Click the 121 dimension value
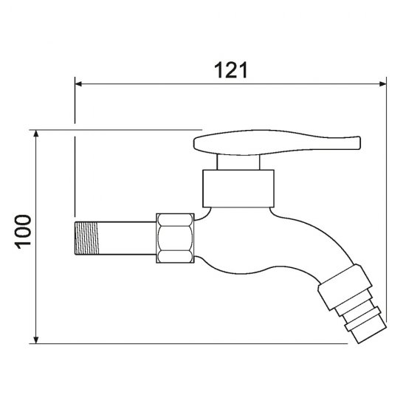click(231, 70)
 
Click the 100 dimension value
click(23, 232)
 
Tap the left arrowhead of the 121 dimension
click(78, 84)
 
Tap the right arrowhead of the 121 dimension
click(382, 84)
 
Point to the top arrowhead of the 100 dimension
click(36, 134)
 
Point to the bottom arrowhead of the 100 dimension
click(36, 340)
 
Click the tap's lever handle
click(277, 142)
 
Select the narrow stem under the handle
click(238, 162)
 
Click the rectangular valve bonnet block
click(238, 188)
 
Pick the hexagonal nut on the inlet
click(175, 238)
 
